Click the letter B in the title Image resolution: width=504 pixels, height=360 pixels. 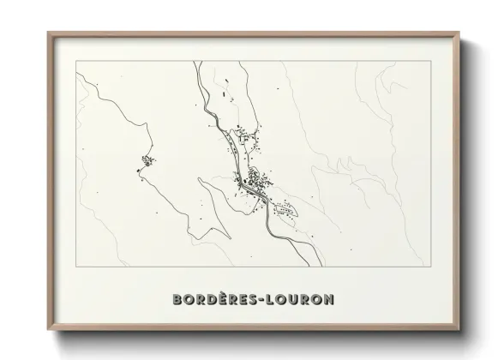[x=177, y=299]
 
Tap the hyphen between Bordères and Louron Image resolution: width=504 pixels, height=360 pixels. [x=264, y=300]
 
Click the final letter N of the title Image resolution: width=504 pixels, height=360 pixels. [x=330, y=299]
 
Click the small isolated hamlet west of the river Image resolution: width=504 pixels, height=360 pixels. [x=147, y=160]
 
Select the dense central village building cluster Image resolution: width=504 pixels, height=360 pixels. [x=254, y=183]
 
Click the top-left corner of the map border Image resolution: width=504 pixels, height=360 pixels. [x=76, y=61]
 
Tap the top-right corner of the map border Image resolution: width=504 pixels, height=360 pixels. [x=429, y=61]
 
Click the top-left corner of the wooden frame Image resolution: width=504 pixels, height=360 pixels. [x=47, y=33]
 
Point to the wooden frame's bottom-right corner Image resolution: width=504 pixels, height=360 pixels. [x=460, y=330]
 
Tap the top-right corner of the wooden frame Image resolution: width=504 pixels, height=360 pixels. [x=460, y=33]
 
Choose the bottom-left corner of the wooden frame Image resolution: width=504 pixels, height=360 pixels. [x=47, y=330]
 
